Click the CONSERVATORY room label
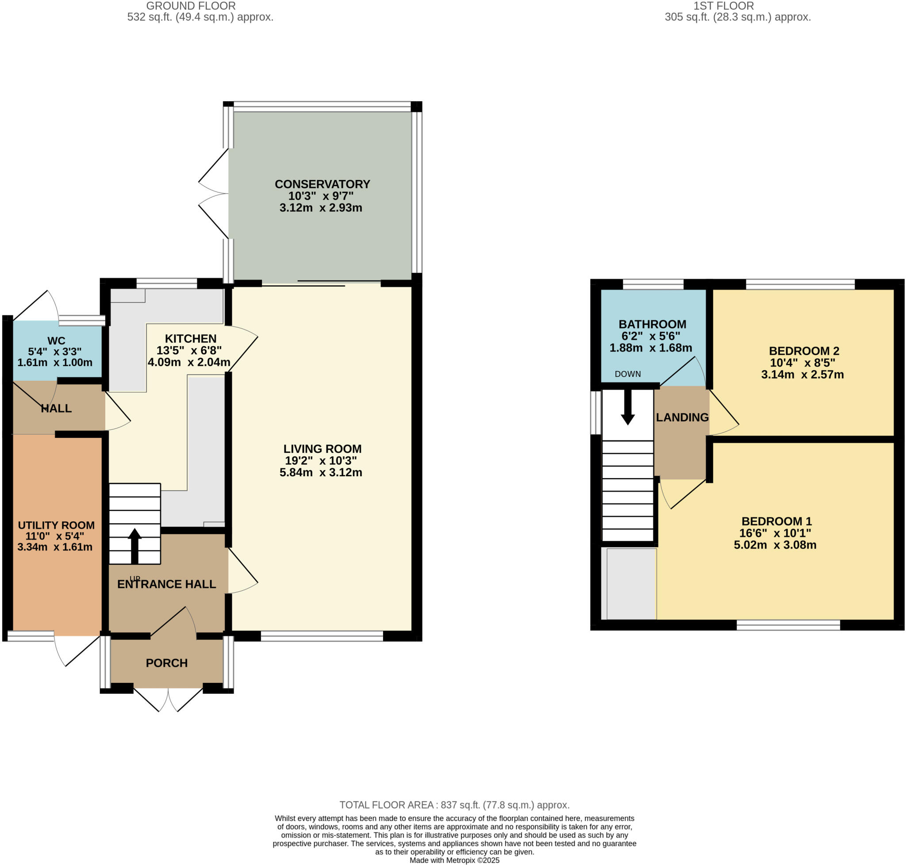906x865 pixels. (x=322, y=184)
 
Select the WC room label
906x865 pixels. (x=56, y=341)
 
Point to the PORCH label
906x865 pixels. (x=166, y=663)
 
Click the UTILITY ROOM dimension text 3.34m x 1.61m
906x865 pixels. (x=55, y=547)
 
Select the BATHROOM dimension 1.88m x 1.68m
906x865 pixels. (x=650, y=348)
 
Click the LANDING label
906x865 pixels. (x=682, y=417)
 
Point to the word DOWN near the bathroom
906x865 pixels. (x=627, y=374)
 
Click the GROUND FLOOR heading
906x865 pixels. (x=191, y=6)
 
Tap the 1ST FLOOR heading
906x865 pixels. (x=723, y=6)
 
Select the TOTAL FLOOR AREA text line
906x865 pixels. (x=454, y=805)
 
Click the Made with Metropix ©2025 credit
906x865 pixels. (x=454, y=861)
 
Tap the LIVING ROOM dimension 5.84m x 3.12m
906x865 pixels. (x=321, y=473)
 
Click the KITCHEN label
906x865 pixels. (x=191, y=338)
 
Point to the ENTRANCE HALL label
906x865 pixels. (x=166, y=584)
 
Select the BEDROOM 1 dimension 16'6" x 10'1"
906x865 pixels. (x=775, y=533)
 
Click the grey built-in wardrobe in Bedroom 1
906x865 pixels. (x=631, y=584)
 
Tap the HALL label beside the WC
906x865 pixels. (x=56, y=409)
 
